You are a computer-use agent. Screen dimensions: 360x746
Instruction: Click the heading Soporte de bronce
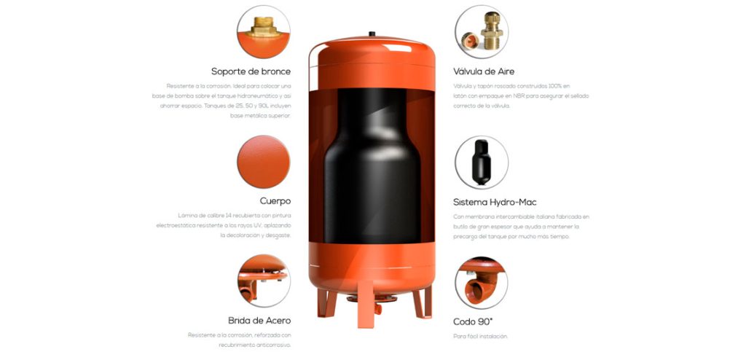click(251, 71)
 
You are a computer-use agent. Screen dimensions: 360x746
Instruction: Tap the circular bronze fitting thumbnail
click(263, 32)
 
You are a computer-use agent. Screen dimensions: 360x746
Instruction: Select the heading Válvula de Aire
click(484, 71)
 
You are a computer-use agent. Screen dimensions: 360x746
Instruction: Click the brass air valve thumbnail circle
click(482, 32)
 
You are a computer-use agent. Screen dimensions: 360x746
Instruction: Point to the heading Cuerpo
click(275, 200)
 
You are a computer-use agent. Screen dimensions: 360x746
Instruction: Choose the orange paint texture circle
click(263, 162)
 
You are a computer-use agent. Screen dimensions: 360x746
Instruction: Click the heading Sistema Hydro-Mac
click(495, 201)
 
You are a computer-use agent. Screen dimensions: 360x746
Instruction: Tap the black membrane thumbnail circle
click(482, 162)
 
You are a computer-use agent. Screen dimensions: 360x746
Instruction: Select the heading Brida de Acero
click(259, 320)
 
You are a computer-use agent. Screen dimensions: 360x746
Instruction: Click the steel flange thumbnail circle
click(263, 281)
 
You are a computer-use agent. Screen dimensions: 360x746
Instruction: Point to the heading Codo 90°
click(473, 321)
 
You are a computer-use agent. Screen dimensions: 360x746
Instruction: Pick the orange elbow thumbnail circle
click(482, 281)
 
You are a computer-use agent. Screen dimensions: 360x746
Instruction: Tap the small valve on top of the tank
click(371, 34)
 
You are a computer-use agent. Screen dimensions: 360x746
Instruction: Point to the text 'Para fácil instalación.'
click(480, 336)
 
